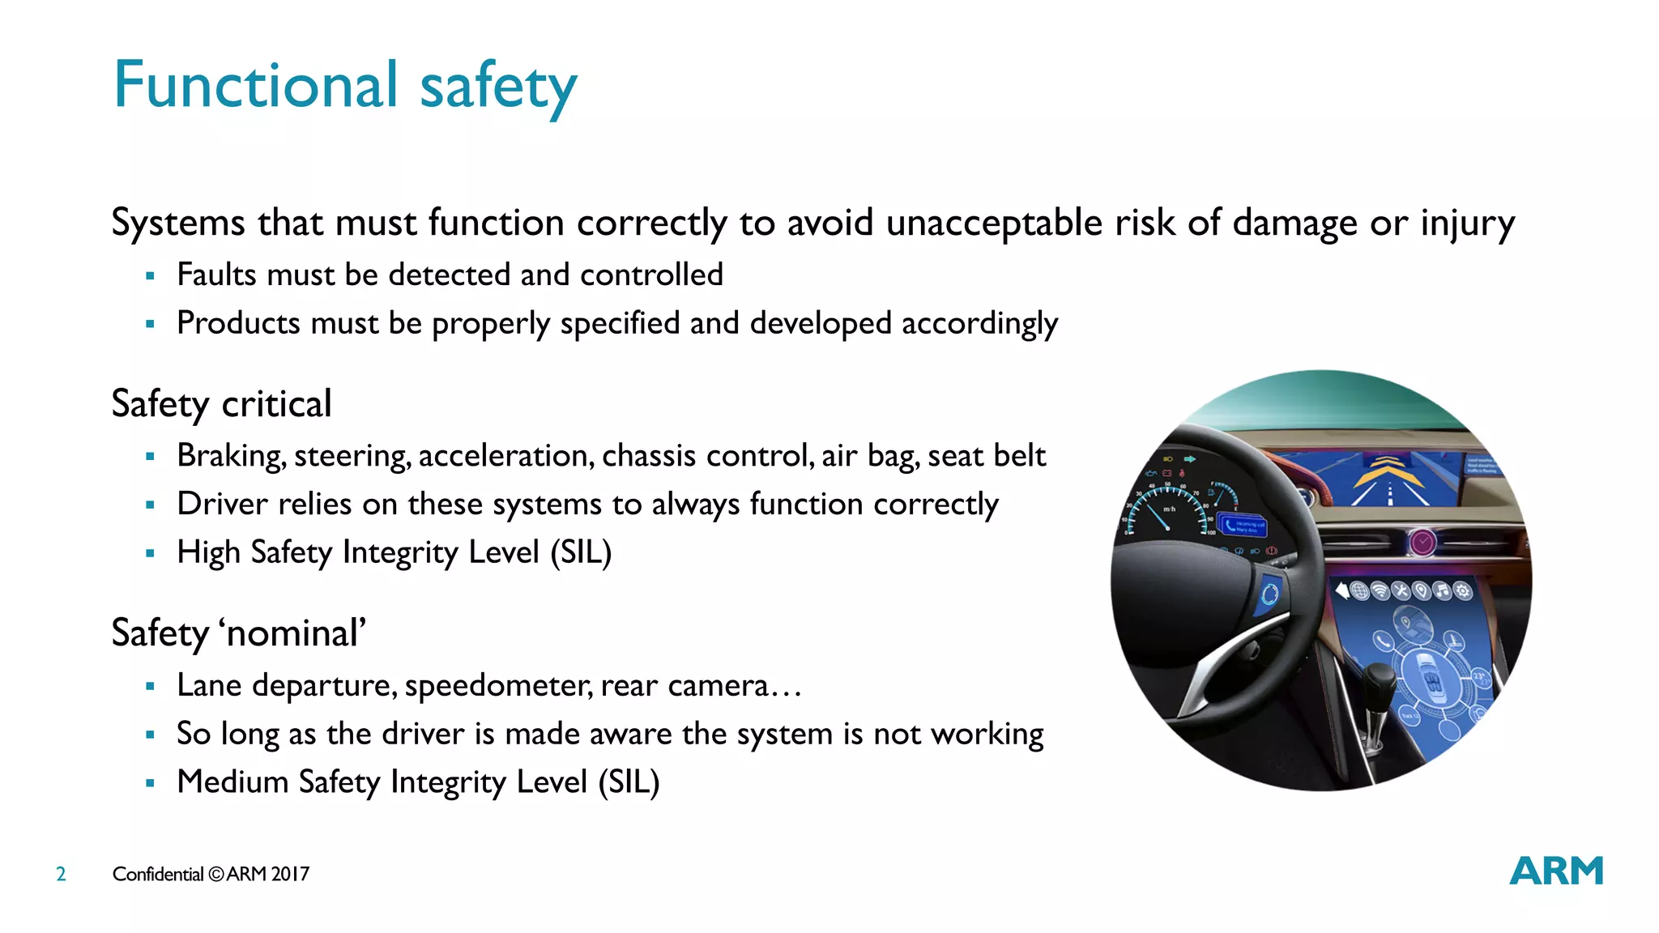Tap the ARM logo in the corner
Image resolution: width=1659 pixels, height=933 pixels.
(1556, 871)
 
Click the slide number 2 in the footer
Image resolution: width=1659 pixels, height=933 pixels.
(61, 874)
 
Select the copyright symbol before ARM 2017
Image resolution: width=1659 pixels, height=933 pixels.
(215, 874)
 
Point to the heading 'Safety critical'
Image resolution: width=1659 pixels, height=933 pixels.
(221, 403)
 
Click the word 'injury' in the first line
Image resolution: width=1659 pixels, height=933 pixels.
(1467, 223)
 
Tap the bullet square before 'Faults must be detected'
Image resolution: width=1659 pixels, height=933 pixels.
(150, 276)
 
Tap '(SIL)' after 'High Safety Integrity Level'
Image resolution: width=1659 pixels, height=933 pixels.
(581, 552)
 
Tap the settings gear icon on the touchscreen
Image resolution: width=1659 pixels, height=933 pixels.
(1463, 591)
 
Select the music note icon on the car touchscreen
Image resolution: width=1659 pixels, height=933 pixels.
(1442, 590)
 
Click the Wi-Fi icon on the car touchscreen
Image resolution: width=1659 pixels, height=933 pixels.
(1380, 591)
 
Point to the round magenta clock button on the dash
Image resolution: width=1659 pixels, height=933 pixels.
(1422, 541)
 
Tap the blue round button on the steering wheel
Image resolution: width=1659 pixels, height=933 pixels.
(1268, 595)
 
